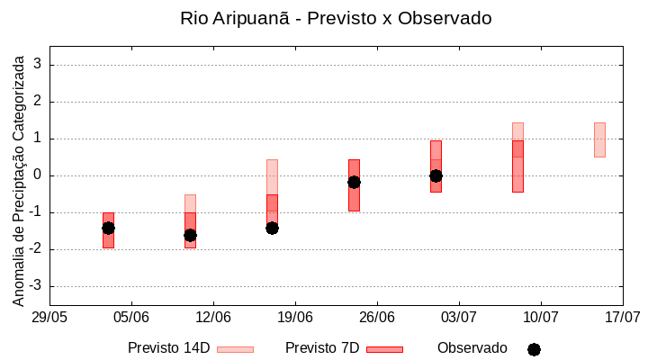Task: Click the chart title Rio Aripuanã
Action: click(335, 18)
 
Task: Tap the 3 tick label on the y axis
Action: click(38, 65)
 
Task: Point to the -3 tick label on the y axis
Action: click(35, 286)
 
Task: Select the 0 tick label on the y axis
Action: click(38, 175)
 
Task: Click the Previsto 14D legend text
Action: click(168, 348)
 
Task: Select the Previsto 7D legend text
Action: click(322, 348)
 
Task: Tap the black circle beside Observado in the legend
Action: click(534, 349)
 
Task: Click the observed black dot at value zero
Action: click(436, 175)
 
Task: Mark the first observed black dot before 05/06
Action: click(108, 228)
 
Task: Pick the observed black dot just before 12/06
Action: click(190, 235)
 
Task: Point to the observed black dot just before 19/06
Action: click(272, 228)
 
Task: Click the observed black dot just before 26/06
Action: click(354, 182)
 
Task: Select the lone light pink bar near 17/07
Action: click(599, 139)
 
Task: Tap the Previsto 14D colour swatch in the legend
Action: click(235, 349)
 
